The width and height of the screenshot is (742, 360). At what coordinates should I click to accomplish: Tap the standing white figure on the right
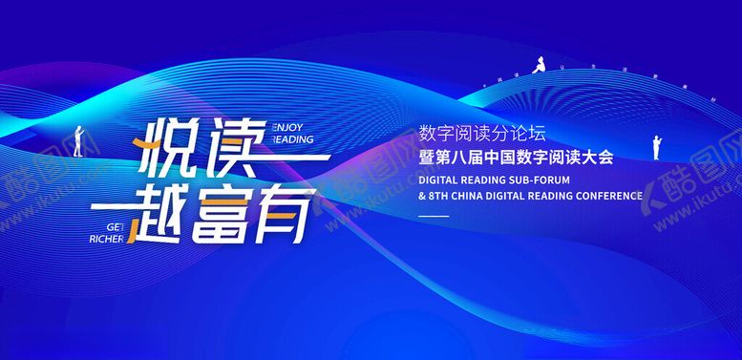(656, 147)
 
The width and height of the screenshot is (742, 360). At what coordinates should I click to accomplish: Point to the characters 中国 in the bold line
(495, 157)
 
